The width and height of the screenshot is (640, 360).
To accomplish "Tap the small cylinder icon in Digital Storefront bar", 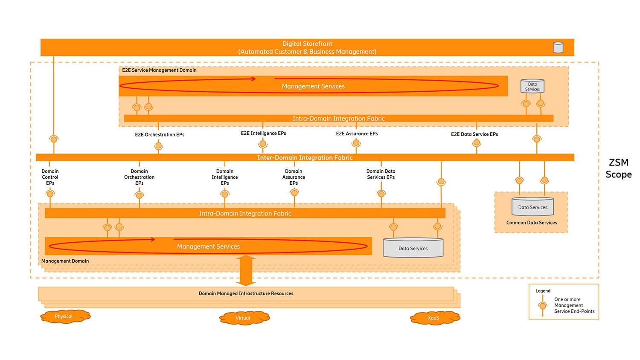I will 558,47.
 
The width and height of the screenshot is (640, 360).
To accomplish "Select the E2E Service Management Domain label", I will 159,70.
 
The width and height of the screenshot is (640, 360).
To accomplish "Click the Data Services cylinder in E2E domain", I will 532,86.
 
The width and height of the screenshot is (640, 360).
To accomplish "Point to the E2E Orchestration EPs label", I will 160,134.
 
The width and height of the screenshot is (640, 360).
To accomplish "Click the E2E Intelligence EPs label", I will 263,133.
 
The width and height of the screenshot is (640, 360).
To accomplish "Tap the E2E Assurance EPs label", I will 357,134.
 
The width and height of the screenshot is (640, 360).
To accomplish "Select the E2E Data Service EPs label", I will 474,134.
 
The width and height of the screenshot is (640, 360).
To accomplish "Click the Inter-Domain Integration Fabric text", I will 305,158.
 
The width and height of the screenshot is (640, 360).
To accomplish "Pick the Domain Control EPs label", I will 50,177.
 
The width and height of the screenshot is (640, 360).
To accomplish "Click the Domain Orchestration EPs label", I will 139,177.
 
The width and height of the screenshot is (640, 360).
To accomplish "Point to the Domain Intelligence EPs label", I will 225,177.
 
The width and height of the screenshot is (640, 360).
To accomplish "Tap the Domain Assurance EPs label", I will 294,177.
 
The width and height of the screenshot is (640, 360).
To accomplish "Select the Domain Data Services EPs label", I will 381,174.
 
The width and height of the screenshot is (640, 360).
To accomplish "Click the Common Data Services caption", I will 532,223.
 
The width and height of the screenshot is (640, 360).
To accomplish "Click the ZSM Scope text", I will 618,168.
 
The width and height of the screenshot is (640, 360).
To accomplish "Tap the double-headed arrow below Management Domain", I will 246,270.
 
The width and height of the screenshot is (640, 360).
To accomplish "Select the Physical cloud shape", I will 65,316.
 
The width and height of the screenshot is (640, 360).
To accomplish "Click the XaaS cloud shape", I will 434,318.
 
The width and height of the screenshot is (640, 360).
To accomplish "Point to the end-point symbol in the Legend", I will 542,306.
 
